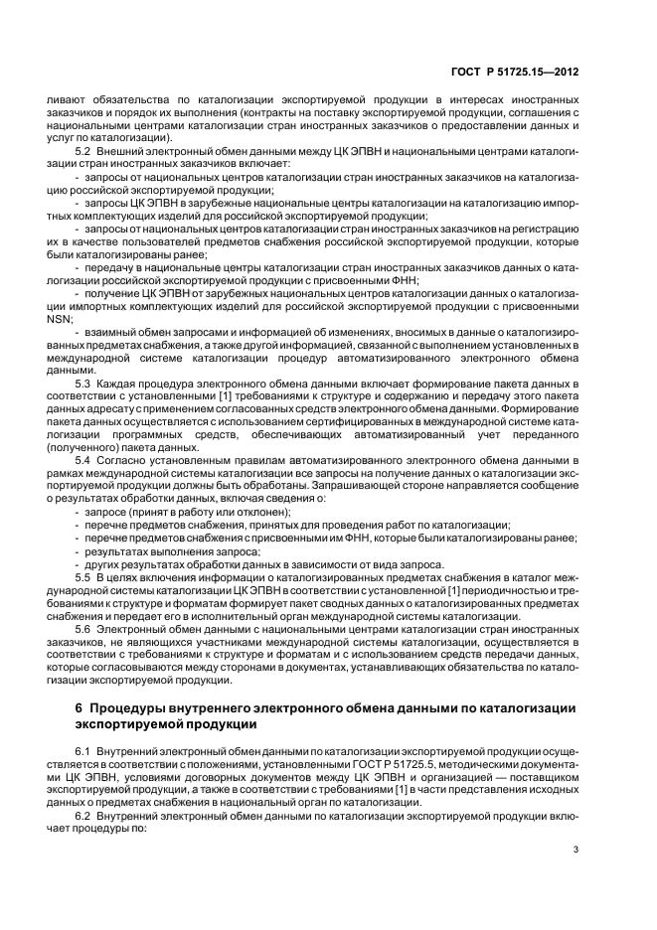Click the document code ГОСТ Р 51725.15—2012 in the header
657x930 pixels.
tap(515, 70)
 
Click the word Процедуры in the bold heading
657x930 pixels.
tap(132, 706)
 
